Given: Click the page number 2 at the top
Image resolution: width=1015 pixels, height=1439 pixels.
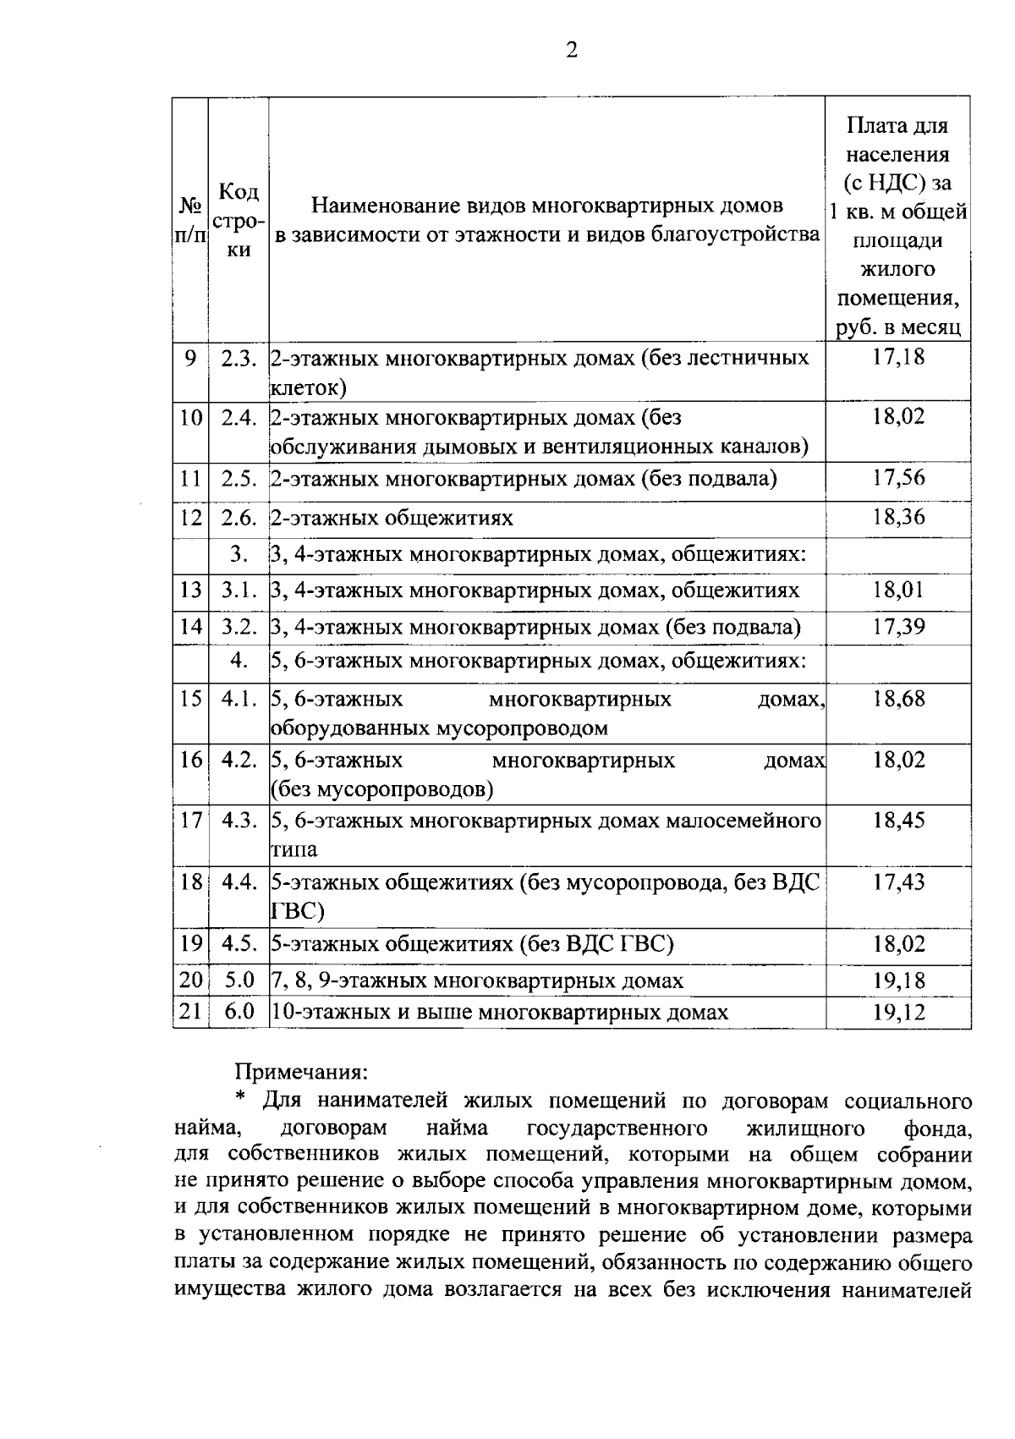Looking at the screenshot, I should pyautogui.click(x=572, y=52).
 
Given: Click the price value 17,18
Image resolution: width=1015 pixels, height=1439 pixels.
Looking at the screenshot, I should pyautogui.click(x=898, y=357).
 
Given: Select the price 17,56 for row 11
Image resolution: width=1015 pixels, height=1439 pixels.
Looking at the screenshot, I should pyautogui.click(x=898, y=479).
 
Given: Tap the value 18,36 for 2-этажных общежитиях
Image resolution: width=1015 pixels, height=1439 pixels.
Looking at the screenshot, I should pyautogui.click(x=898, y=517).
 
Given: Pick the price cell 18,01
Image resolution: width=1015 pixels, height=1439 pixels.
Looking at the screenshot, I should pyautogui.click(x=898, y=590).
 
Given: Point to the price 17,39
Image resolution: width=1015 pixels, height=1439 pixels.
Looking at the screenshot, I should pyautogui.click(x=898, y=627).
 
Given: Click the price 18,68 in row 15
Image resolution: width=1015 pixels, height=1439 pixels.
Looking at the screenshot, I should pyautogui.click(x=898, y=699).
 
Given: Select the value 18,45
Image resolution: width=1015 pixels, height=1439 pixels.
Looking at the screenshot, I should pyautogui.click(x=898, y=820).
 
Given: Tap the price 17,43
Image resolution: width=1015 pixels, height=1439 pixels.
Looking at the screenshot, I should pyautogui.click(x=898, y=882).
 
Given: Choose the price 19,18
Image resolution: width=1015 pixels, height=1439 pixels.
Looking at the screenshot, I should pyautogui.click(x=898, y=981).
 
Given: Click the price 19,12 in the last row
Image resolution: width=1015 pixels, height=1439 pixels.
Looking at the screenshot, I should pyautogui.click(x=898, y=1013).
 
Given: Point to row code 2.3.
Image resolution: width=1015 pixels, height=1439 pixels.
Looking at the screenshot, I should pyautogui.click(x=239, y=358).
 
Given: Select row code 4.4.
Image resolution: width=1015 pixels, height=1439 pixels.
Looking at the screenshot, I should pyautogui.click(x=239, y=882).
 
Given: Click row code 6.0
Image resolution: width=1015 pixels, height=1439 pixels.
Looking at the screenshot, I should pyautogui.click(x=239, y=1013).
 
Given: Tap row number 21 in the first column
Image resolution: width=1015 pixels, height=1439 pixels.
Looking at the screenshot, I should pyautogui.click(x=191, y=1013).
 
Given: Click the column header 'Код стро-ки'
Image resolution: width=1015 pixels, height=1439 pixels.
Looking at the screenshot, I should pyautogui.click(x=239, y=220).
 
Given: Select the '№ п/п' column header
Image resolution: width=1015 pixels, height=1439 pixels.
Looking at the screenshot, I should pyautogui.click(x=191, y=220).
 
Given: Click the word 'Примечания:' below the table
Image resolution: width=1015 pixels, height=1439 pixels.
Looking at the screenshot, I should pyautogui.click(x=301, y=1072).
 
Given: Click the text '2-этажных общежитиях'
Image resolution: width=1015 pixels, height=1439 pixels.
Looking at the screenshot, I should pyautogui.click(x=392, y=517).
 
